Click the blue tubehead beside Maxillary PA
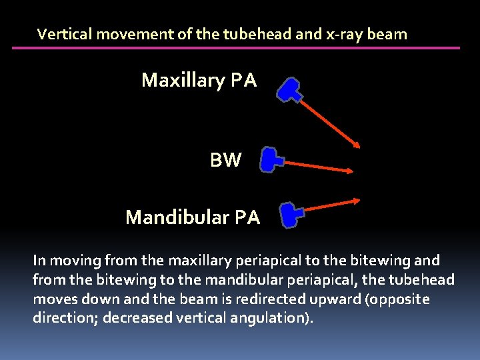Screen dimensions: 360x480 289,90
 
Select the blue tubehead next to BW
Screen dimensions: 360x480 270,160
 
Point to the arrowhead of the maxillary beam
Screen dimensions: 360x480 358,145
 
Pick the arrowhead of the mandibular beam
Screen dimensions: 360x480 357,199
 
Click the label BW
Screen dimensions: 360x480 226,160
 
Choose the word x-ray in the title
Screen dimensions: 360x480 343,34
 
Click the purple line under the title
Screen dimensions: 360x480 236,48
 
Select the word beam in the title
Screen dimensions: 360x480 386,34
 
